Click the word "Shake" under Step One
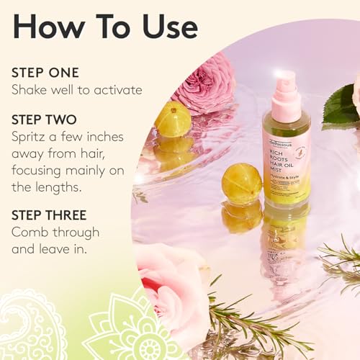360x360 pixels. [x=30, y=90]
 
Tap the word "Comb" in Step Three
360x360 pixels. [x=30, y=232]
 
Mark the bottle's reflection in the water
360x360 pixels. [x=286, y=245]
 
